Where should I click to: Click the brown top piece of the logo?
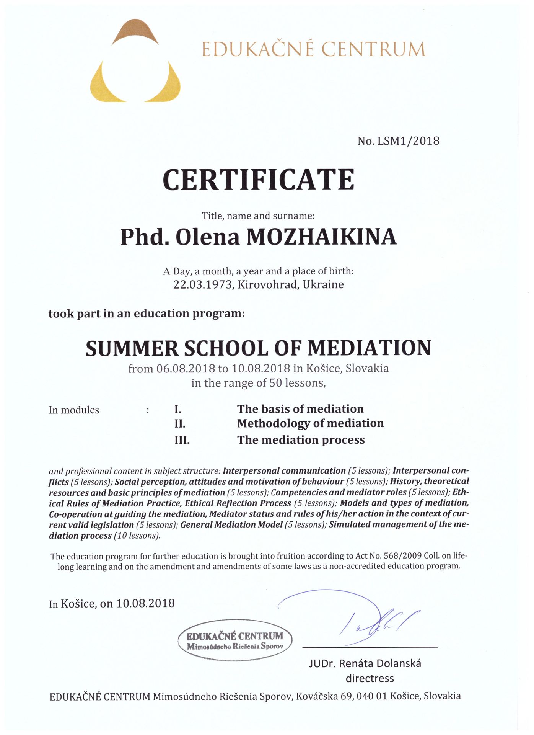point(135,31)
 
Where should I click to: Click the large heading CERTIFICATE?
point(259,180)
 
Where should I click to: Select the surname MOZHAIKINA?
point(321,237)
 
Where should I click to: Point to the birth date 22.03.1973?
point(203,285)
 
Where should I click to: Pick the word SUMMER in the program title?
point(132,348)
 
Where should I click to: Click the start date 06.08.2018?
point(186,369)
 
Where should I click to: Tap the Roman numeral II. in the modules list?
point(180,424)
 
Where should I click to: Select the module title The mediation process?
point(301,440)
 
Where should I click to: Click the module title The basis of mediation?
point(300,409)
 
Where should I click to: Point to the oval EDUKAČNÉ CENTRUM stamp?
point(235,640)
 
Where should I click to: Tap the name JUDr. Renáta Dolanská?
point(365,663)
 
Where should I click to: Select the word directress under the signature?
point(370,679)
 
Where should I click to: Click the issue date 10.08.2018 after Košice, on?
point(145,604)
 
